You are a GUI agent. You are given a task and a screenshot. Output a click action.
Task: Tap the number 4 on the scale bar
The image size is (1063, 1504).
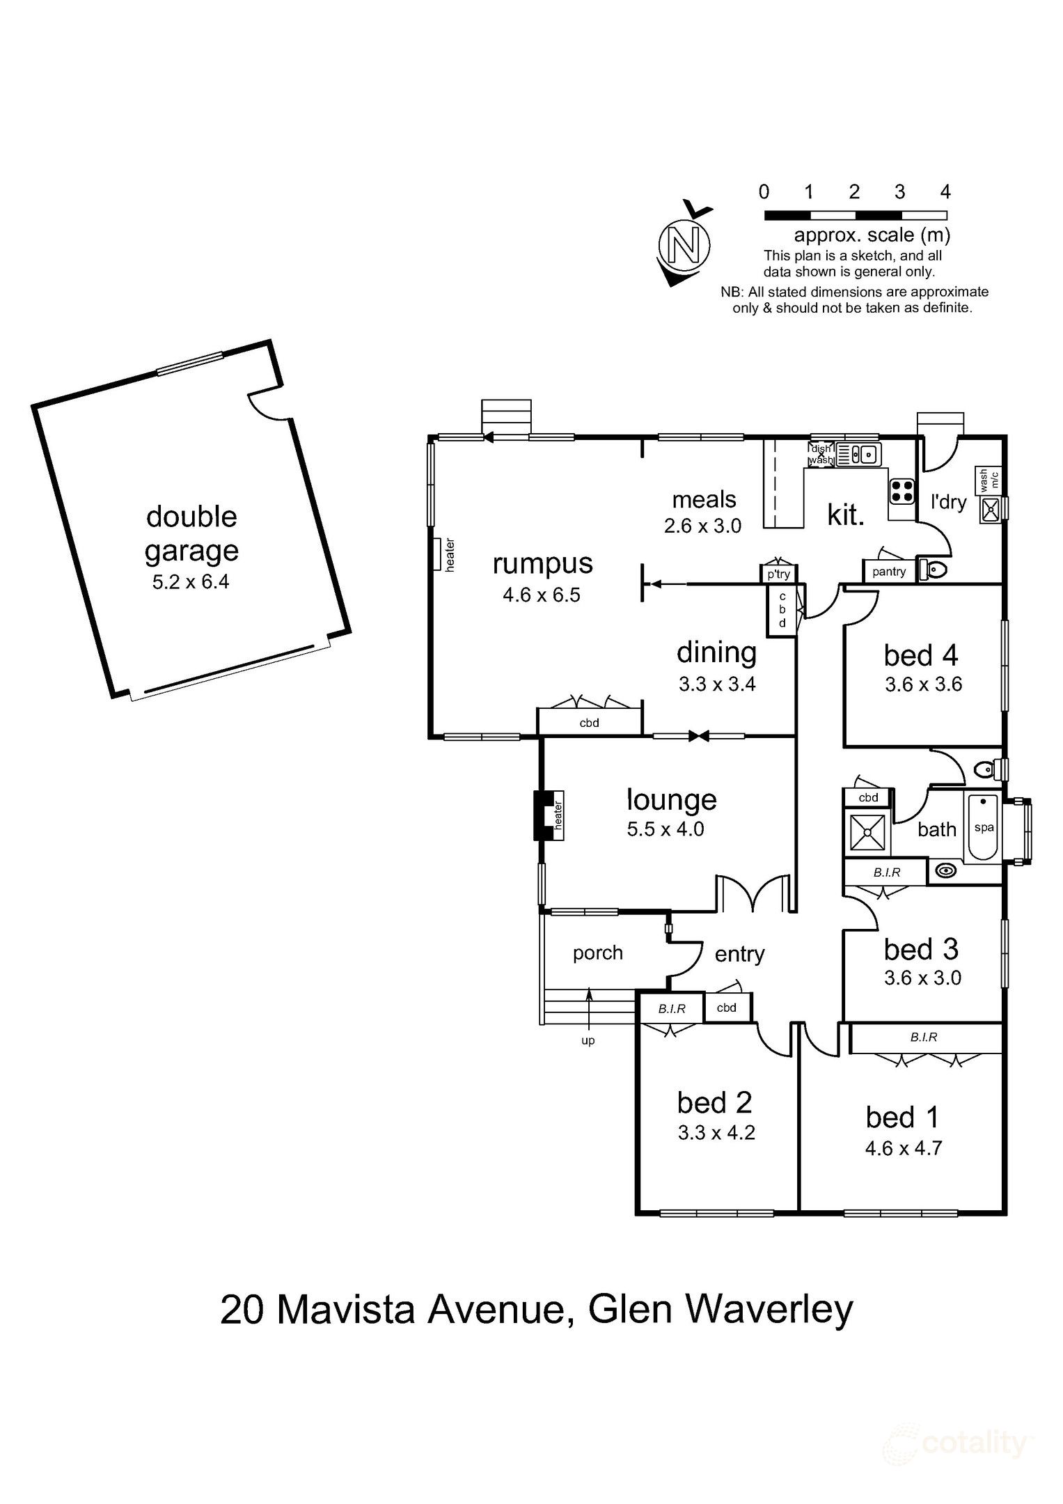[945, 191]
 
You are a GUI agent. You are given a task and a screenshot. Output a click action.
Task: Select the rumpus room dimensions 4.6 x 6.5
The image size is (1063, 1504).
[541, 595]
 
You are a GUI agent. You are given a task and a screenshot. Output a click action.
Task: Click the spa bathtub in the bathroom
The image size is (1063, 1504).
[982, 827]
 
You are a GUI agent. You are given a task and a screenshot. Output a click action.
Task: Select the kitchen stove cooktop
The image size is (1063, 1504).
[902, 492]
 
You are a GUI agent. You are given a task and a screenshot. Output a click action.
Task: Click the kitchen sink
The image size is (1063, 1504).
[858, 454]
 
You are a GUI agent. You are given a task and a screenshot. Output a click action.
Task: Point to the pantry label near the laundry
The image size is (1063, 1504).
[889, 572]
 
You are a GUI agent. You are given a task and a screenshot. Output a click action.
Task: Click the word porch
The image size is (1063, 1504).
[597, 953]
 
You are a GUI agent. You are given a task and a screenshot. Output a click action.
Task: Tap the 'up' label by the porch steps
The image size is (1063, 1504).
[588, 1041]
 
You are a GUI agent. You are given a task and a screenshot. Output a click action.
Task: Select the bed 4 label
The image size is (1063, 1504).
[921, 655]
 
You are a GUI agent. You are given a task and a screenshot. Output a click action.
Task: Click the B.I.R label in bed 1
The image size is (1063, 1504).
[924, 1037]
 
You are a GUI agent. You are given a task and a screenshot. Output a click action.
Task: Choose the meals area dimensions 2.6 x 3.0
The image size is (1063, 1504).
[702, 526]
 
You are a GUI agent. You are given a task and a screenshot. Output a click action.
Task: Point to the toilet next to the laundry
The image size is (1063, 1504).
[932, 571]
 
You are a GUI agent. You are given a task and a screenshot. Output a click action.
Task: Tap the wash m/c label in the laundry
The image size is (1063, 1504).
[989, 480]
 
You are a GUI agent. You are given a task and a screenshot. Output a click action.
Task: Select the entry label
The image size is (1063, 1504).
[739, 954]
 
